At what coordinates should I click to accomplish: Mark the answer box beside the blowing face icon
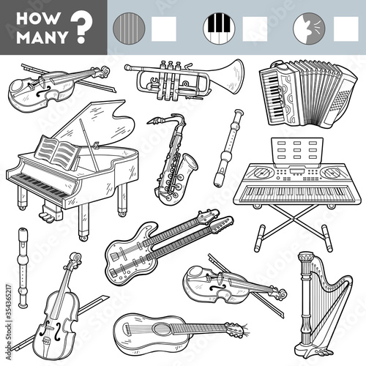coord(345,28)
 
